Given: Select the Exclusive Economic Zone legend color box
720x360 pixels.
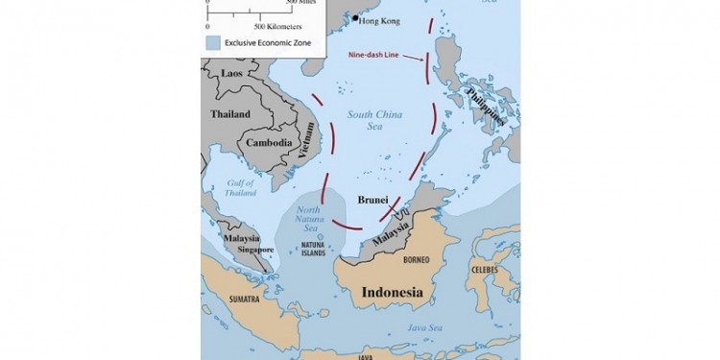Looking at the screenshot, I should (x=212, y=42).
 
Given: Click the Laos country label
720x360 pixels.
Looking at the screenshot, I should (x=231, y=73).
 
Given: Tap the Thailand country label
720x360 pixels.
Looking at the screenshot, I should (x=230, y=114).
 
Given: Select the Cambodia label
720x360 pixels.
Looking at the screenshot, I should (x=269, y=143).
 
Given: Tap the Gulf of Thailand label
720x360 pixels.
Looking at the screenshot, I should (x=240, y=187).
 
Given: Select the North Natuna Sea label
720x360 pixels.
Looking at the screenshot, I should (x=308, y=218).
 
